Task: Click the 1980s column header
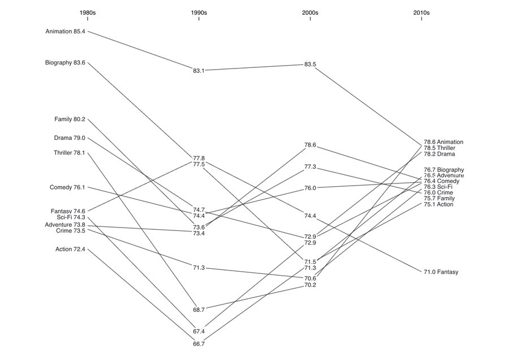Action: pyautogui.click(x=88, y=13)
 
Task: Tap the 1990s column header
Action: pyautogui.click(x=199, y=13)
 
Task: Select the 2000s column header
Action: pyautogui.click(x=310, y=13)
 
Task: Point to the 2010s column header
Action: pyautogui.click(x=421, y=13)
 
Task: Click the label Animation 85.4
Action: pyautogui.click(x=65, y=32)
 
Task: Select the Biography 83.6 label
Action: pyautogui.click(x=65, y=63)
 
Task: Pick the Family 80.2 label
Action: pyautogui.click(x=70, y=119)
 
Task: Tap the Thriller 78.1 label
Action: pyautogui.click(x=70, y=153)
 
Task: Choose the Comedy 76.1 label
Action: pyautogui.click(x=67, y=187)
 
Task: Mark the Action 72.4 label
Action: pyautogui.click(x=70, y=250)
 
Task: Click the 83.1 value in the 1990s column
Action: pyautogui.click(x=199, y=71)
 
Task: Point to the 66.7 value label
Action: pyautogui.click(x=199, y=344)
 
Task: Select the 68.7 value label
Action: pyautogui.click(x=199, y=310)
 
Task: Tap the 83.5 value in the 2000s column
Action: pyautogui.click(x=310, y=65)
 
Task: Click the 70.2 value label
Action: pyautogui.click(x=310, y=285)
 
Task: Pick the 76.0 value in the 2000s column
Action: pyautogui.click(x=310, y=188)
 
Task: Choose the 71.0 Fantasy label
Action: pyautogui.click(x=441, y=272)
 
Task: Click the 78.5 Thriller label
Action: pyautogui.click(x=439, y=148)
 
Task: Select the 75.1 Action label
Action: pyautogui.click(x=438, y=205)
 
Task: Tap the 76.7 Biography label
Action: pyautogui.click(x=444, y=170)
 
